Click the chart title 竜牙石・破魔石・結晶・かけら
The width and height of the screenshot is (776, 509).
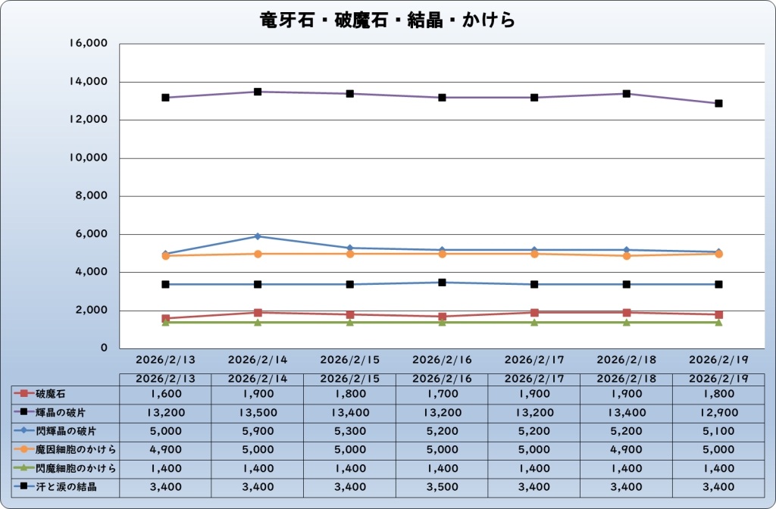coord(387,20)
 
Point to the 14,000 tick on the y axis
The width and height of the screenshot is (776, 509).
coord(89,82)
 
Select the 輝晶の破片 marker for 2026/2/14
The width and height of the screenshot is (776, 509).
coord(258,92)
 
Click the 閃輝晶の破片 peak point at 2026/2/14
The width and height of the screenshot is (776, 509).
coord(258,236)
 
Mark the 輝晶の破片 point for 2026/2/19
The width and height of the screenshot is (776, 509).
coord(718,103)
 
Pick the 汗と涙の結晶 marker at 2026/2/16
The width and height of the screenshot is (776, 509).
coord(442,283)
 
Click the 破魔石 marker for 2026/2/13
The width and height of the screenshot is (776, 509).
coord(165,318)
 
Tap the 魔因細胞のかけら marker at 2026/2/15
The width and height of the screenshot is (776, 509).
coord(350,254)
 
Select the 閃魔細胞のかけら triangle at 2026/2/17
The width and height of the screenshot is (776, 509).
coord(534,322)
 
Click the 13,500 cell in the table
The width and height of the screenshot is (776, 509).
coord(257,412)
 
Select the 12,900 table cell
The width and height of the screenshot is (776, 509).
coord(718,412)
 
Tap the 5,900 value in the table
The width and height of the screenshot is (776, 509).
coord(257,431)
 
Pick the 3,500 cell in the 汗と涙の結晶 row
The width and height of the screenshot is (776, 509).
coord(442,486)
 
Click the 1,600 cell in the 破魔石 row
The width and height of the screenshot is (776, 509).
coord(165,394)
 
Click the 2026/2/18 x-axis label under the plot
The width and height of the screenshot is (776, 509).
coord(626,358)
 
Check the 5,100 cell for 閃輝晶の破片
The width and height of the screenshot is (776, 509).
coord(718,431)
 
